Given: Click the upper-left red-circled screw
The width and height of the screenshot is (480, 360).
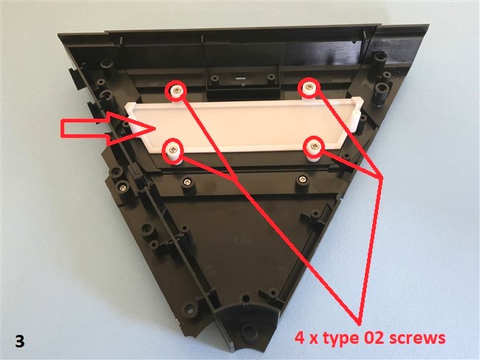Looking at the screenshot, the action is click(176, 90).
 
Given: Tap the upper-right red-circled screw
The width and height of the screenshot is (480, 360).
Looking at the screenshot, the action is click(309, 87).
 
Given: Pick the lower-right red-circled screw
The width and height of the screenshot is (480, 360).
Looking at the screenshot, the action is click(313, 147).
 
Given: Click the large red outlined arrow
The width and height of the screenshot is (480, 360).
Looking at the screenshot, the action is click(108, 128).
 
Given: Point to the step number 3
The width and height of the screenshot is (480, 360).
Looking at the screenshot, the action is click(20, 342).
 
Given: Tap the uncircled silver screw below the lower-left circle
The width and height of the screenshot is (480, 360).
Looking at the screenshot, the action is click(186, 183).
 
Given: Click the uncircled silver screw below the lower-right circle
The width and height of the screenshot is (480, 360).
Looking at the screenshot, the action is click(303, 179).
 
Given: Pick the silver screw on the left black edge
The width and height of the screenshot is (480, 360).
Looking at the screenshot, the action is click(123, 186).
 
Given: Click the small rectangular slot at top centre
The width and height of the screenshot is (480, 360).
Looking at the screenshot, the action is click(241, 77).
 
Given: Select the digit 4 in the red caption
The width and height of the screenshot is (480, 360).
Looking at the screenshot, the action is click(300, 338).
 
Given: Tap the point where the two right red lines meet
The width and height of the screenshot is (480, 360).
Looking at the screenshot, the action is click(382, 178).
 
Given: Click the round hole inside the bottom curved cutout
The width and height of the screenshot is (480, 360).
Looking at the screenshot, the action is click(247, 330).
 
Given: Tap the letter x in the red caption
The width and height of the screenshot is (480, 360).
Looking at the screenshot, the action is click(313, 340).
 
